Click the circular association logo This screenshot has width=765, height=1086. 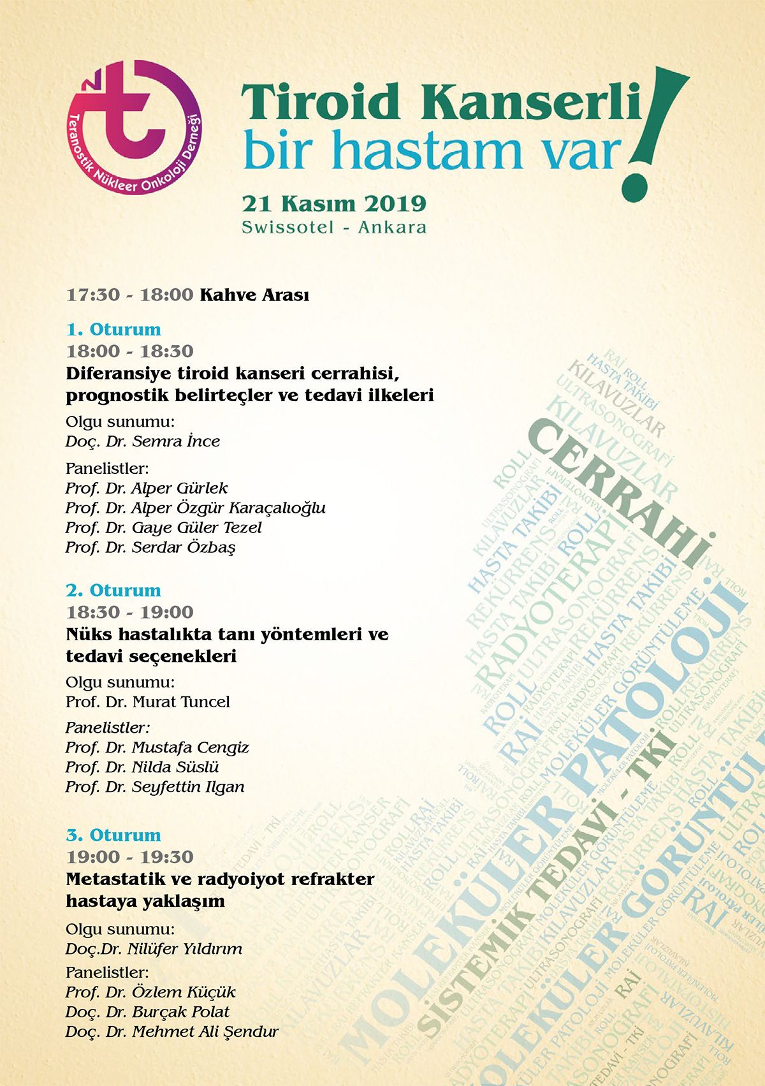[135, 128]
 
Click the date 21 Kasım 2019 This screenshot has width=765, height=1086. [334, 203]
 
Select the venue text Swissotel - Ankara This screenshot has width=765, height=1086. [334, 227]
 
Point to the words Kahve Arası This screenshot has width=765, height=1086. [254, 295]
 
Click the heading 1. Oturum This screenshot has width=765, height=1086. [113, 329]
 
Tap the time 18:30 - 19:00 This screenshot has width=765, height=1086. [129, 612]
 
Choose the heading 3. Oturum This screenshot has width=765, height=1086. [113, 835]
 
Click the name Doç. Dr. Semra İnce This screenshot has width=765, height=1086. [143, 441]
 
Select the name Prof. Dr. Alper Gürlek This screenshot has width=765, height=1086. [147, 488]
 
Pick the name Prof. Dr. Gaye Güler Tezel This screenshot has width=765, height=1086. [163, 528]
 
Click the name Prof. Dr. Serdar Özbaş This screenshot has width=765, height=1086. [150, 548]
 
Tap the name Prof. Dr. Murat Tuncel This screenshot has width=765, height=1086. [148, 702]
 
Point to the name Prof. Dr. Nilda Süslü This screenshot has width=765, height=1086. [142, 767]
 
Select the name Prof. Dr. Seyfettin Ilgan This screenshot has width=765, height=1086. [155, 787]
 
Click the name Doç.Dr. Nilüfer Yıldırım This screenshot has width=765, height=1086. [154, 949]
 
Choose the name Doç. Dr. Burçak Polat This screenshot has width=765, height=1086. [147, 1012]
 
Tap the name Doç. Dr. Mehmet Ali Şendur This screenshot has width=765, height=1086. [172, 1032]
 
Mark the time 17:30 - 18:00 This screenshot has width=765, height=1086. [129, 295]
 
